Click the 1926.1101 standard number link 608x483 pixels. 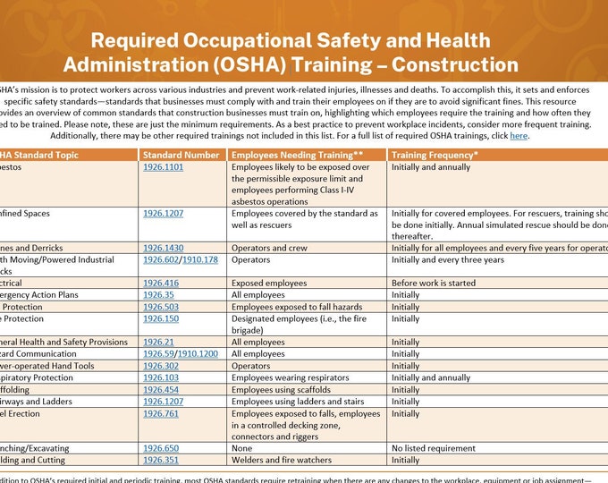coord(163,167)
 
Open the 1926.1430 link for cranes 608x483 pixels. coord(163,248)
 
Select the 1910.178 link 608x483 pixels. coord(202,260)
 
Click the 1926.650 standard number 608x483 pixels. coord(161,448)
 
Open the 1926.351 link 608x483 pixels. coord(161,461)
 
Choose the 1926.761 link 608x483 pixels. coord(161,413)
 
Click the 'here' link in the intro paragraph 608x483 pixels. coord(519,136)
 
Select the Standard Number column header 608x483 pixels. coord(182,155)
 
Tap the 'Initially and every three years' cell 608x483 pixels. coord(448,260)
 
